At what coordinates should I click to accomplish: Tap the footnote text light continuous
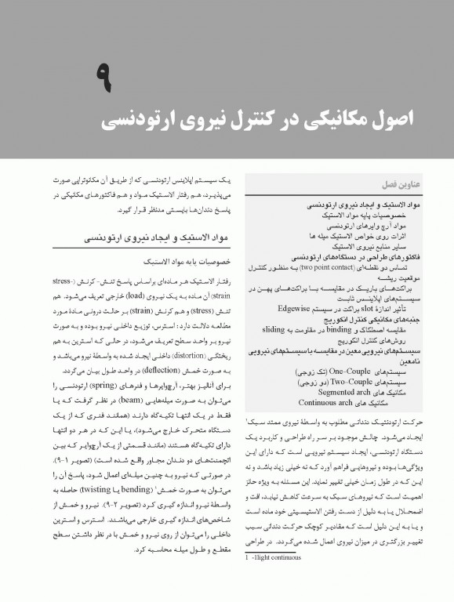tap(275, 582)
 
